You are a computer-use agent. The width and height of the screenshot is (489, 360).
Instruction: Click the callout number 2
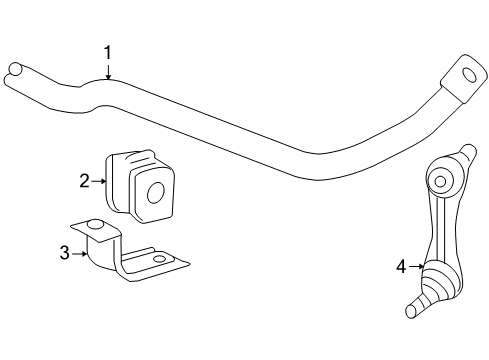coord(85,180)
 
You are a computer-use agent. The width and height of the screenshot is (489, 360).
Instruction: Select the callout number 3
coord(64,253)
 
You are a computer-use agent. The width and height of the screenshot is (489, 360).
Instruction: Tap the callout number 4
coord(401,266)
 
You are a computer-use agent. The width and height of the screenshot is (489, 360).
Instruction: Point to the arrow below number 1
coord(108,70)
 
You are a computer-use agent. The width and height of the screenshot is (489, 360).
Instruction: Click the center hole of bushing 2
coord(155,191)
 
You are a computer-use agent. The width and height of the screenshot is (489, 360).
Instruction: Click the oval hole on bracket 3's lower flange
coord(159,260)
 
